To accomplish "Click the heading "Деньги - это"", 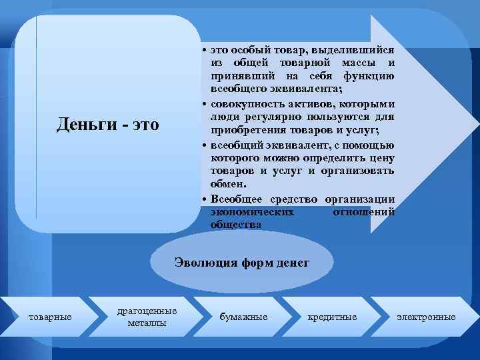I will coord(108,124).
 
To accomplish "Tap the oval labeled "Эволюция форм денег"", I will coord(241,263).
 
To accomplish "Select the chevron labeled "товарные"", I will coord(50,317).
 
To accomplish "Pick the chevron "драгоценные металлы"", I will coord(147,317).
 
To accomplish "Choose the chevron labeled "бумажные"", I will coord(243,317).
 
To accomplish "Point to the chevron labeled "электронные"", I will coord(426,317).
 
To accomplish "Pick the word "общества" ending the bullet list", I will coord(231,225).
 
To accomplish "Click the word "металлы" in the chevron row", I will coord(147,323).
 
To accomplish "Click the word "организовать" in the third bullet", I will coord(361,171).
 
